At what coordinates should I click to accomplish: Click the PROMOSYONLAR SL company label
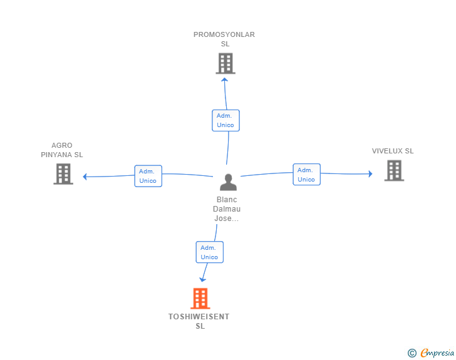[224, 39]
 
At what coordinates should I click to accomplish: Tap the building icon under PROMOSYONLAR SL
[225, 63]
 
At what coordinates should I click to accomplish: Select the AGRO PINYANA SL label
[62, 150]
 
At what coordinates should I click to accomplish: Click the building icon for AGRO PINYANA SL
[63, 174]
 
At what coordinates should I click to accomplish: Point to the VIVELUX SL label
[393, 151]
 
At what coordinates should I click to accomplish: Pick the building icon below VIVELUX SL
[394, 171]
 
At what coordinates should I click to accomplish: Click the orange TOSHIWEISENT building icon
[200, 299]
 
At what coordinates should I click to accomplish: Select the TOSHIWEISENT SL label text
[199, 321]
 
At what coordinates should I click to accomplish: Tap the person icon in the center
[228, 182]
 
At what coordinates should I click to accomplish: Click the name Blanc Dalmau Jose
[227, 208]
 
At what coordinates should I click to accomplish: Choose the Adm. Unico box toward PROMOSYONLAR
[225, 120]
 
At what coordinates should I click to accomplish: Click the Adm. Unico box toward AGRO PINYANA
[148, 176]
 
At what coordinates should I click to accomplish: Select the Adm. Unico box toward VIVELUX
[306, 175]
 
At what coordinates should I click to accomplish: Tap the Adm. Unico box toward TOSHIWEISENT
[210, 252]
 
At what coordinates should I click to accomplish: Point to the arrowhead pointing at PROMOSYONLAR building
[224, 80]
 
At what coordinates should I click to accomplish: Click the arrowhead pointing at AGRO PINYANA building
[85, 177]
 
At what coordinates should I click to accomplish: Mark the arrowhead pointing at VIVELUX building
[371, 174]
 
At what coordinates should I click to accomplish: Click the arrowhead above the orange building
[202, 280]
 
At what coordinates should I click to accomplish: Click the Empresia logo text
[437, 352]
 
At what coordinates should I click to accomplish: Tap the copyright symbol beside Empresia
[412, 353]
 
